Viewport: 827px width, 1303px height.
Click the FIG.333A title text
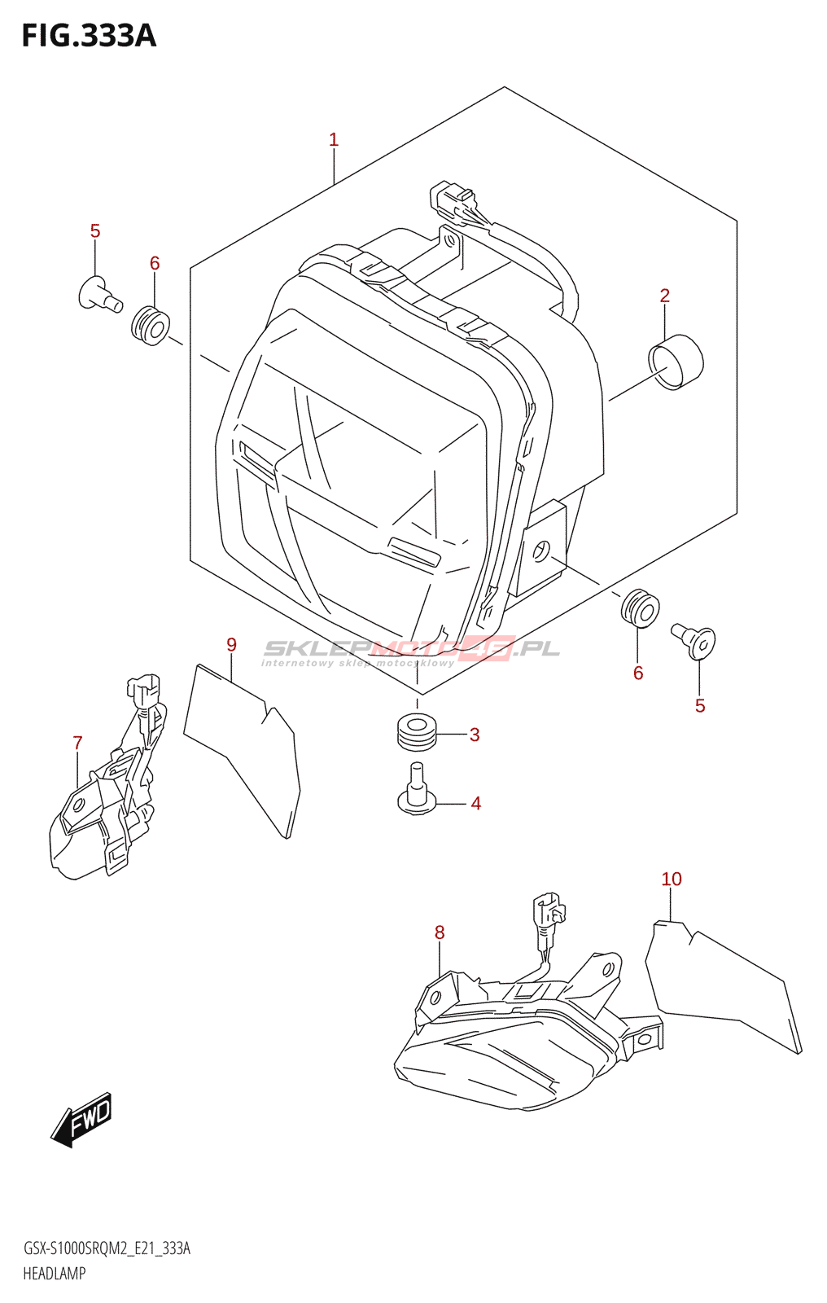(x=88, y=36)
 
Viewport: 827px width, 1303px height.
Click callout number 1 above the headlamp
(x=334, y=140)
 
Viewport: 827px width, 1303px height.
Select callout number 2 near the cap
(x=665, y=296)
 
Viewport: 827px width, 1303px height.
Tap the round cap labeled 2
(x=675, y=362)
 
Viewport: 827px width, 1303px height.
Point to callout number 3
(x=475, y=735)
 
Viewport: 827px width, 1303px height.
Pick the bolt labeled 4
(x=417, y=790)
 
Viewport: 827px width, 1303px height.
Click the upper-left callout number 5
(x=95, y=231)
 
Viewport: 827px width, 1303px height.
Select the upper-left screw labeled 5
(x=99, y=295)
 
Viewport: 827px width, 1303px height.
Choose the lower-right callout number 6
(x=638, y=673)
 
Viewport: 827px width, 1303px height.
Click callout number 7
(x=77, y=743)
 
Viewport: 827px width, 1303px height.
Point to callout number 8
(x=440, y=932)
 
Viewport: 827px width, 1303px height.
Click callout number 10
(x=672, y=880)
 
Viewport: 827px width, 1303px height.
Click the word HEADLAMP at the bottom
(x=55, y=1274)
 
